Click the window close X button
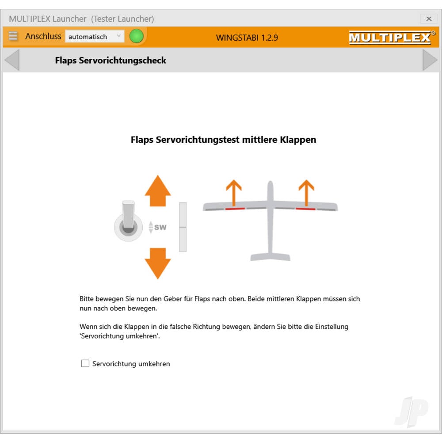coord(428,19)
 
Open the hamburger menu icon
coord(13,36)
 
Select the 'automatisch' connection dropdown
coord(95,36)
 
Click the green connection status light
coord(137,36)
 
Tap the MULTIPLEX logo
coord(392,37)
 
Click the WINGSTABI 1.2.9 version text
coord(247,38)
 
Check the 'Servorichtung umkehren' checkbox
coord(85,363)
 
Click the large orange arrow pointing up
coord(158,191)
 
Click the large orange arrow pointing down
coord(158,263)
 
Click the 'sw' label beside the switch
coord(160,227)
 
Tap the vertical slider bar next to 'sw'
coord(183,227)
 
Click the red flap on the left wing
coord(235,209)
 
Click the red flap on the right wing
coord(305,209)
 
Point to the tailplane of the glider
coord(271,257)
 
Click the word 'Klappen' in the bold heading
coord(298,140)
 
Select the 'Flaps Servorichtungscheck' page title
coord(110,60)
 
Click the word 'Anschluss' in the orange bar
coord(43,36)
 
